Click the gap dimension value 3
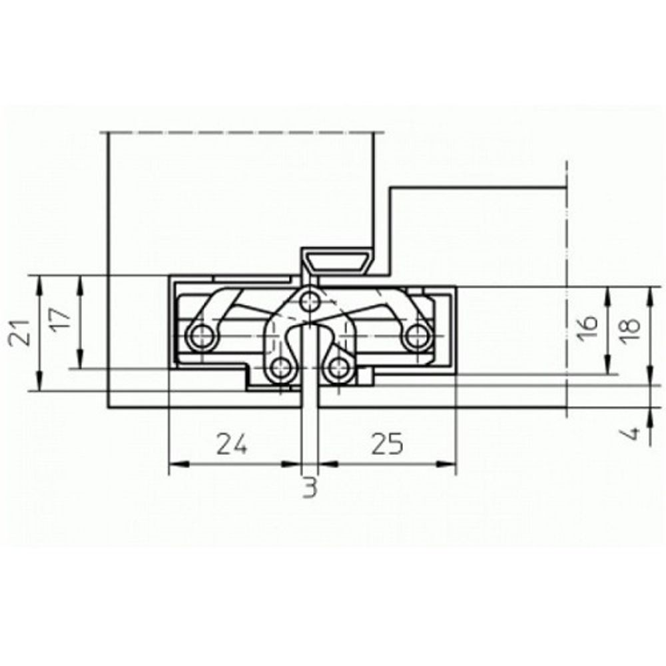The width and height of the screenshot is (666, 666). [310, 489]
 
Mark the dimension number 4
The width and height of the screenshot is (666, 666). [632, 435]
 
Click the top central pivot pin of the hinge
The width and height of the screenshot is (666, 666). [308, 301]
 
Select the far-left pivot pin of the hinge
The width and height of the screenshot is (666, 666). [200, 337]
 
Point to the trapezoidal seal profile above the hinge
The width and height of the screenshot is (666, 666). [337, 260]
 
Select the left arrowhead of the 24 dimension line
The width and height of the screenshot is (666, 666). [174, 465]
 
